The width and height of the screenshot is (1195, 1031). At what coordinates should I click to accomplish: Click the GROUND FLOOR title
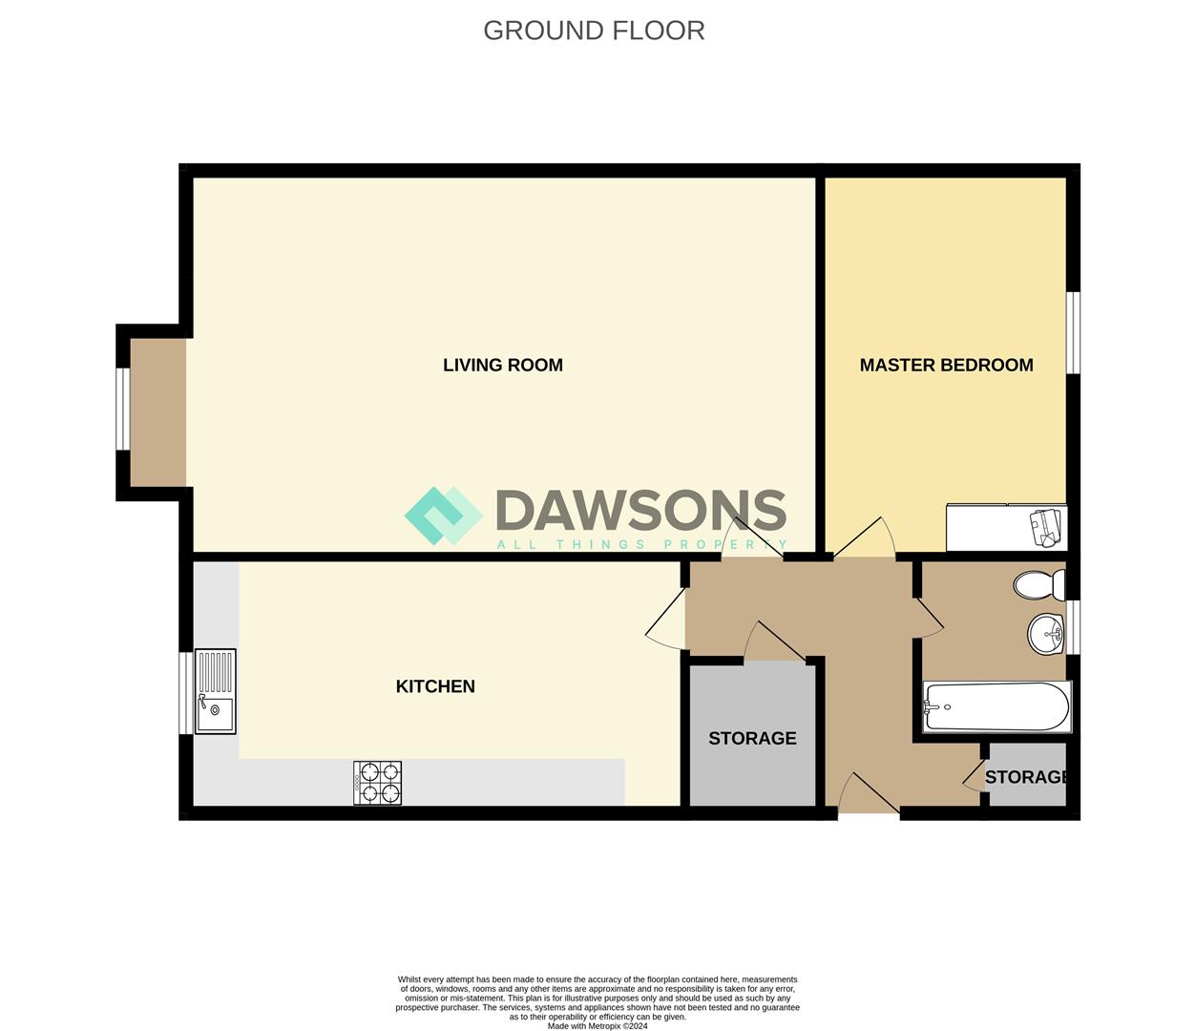[x=594, y=31]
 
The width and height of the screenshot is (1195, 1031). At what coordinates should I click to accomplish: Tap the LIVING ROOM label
[x=502, y=365]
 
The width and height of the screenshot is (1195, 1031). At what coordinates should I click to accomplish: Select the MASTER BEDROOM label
[x=946, y=365]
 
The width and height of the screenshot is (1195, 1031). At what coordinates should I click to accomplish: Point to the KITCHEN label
[x=435, y=686]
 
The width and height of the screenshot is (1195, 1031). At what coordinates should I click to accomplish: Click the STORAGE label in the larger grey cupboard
[x=752, y=738]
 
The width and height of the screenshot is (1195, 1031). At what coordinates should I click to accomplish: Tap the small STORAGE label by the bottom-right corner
[x=1026, y=777]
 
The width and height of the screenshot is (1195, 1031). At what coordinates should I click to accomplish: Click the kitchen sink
[x=216, y=691]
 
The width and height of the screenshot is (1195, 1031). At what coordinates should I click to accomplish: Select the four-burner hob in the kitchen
[x=377, y=783]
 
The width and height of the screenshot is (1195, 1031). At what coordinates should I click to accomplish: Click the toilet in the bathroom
[x=1039, y=584]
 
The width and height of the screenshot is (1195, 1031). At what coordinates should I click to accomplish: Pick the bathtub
[x=996, y=706]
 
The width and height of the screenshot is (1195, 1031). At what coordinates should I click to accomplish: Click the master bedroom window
[x=1073, y=332]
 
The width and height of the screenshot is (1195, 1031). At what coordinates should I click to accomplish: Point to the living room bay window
[x=121, y=409]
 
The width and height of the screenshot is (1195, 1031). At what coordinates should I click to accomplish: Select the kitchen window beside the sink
[x=185, y=693]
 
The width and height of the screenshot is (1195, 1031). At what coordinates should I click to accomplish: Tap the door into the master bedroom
[x=865, y=540]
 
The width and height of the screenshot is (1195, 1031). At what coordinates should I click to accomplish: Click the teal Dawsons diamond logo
[x=443, y=515]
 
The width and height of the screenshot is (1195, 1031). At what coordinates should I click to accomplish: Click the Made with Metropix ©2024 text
[x=597, y=1026]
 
